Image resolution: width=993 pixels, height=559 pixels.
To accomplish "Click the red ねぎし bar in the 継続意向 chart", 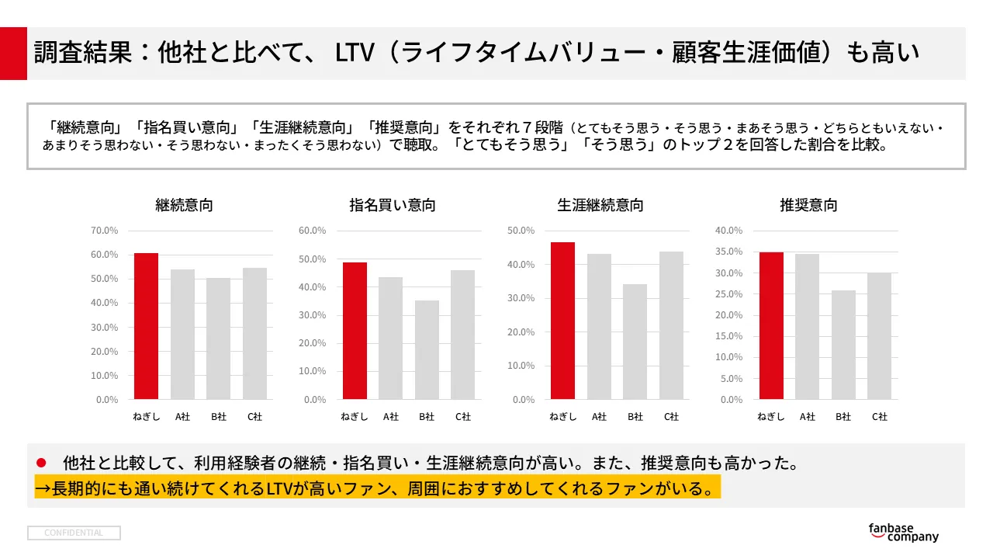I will click(x=146, y=326).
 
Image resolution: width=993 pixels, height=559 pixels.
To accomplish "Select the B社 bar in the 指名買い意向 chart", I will click(x=427, y=349).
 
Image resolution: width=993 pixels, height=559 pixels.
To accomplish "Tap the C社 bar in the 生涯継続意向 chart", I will click(x=671, y=325).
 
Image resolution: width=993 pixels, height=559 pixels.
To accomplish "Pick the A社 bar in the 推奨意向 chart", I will click(x=807, y=326).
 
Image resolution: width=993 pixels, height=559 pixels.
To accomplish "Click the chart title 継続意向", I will click(x=184, y=206).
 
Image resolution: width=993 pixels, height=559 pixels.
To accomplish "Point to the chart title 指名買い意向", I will click(x=392, y=206).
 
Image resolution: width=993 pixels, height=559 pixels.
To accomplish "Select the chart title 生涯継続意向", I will click(x=600, y=206).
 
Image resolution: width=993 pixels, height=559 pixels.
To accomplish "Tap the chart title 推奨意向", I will click(x=808, y=206).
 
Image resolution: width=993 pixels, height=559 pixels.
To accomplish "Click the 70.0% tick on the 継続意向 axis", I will click(x=105, y=231).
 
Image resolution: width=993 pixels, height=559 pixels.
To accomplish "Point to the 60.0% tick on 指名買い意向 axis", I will click(x=313, y=231).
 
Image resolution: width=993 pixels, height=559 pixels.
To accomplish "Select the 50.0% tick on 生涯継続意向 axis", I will click(x=521, y=231).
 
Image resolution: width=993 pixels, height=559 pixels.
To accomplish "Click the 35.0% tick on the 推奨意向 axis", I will click(x=728, y=252).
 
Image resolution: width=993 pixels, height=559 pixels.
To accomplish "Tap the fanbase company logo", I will click(x=903, y=532).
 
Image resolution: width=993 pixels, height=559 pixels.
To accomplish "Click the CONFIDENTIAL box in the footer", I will click(x=74, y=533).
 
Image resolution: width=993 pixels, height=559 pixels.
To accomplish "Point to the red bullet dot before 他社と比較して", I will click(x=42, y=464).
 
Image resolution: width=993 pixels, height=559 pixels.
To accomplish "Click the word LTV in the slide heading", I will click(x=355, y=53).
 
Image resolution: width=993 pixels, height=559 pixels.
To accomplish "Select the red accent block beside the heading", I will click(x=13, y=53).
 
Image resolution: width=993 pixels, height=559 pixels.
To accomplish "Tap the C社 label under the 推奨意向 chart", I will click(x=879, y=417).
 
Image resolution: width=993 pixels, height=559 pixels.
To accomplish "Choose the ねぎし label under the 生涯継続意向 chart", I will click(x=562, y=417).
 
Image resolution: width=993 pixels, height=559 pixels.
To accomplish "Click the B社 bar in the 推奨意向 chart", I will click(x=843, y=345).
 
